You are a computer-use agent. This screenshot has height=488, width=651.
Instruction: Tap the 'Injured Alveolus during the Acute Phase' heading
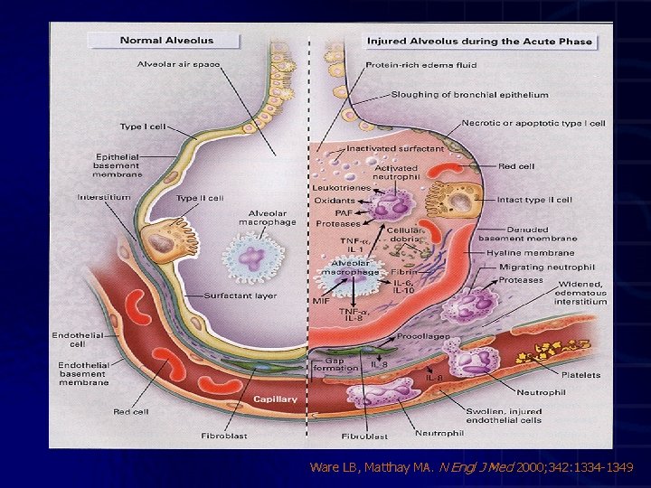479,41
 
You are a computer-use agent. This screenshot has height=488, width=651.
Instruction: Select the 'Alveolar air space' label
178,64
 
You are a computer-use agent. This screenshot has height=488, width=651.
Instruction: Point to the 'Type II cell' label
200,198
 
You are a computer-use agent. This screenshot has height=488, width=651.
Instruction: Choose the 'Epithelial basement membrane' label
118,165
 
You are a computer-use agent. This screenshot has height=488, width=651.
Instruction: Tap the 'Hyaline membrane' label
543,254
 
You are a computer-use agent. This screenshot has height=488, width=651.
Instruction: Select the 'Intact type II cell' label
534,199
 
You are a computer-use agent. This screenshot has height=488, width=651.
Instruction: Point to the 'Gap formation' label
343,364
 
